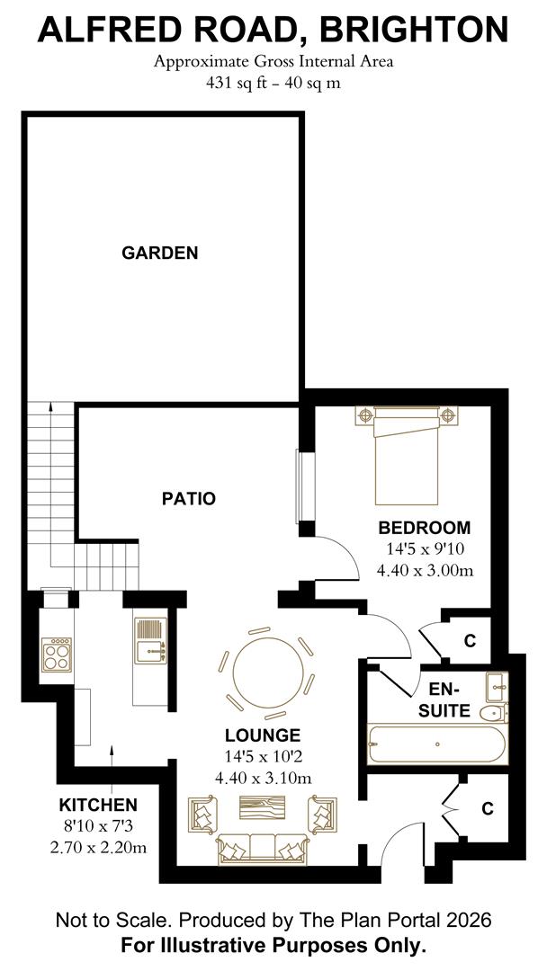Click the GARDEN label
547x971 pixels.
(x=159, y=254)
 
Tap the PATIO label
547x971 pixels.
(x=188, y=498)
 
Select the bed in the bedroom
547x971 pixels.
(x=407, y=457)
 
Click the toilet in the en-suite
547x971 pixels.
(x=494, y=714)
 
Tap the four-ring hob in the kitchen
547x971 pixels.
(x=56, y=653)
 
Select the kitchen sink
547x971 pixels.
(x=150, y=638)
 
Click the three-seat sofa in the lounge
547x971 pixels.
(x=263, y=847)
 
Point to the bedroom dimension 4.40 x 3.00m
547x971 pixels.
(x=426, y=570)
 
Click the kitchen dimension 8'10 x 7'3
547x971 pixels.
(x=99, y=825)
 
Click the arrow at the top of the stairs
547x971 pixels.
(x=50, y=406)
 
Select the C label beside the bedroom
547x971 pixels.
(x=469, y=641)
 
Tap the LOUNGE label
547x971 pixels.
(x=263, y=735)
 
